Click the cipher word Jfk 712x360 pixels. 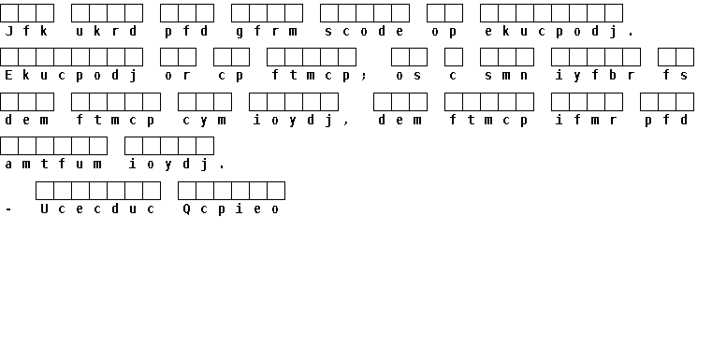(26, 31)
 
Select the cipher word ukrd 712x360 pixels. (107, 31)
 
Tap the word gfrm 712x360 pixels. (267, 31)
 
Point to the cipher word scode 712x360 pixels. (364, 31)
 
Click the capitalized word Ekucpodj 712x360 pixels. (71, 76)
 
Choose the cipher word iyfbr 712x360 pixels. (595, 76)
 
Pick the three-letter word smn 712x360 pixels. (506, 76)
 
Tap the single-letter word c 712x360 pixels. (453, 76)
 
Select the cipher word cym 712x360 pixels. (204, 121)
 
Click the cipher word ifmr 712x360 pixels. (587, 121)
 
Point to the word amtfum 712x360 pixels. (53, 164)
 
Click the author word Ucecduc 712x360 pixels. (97, 209)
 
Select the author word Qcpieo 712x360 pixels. (231, 209)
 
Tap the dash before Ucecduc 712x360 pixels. (8, 209)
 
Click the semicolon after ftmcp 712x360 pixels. (364, 77)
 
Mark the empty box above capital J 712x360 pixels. (9, 13)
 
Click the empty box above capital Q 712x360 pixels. (186, 191)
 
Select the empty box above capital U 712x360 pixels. (45, 191)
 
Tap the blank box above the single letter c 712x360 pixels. (454, 57)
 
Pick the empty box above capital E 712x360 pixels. (9, 57)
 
